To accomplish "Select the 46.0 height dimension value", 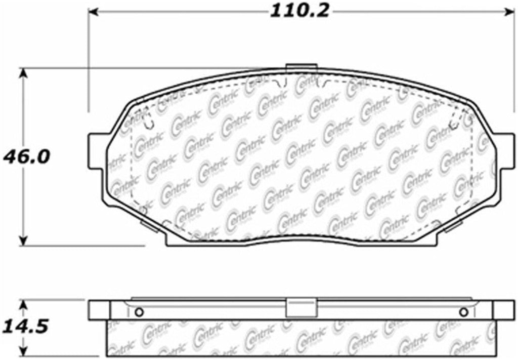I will click(26, 156).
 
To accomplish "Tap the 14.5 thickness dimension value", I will click(26, 326).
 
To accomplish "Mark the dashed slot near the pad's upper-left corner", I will click(146, 119).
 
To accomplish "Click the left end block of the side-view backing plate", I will click(98, 310).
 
